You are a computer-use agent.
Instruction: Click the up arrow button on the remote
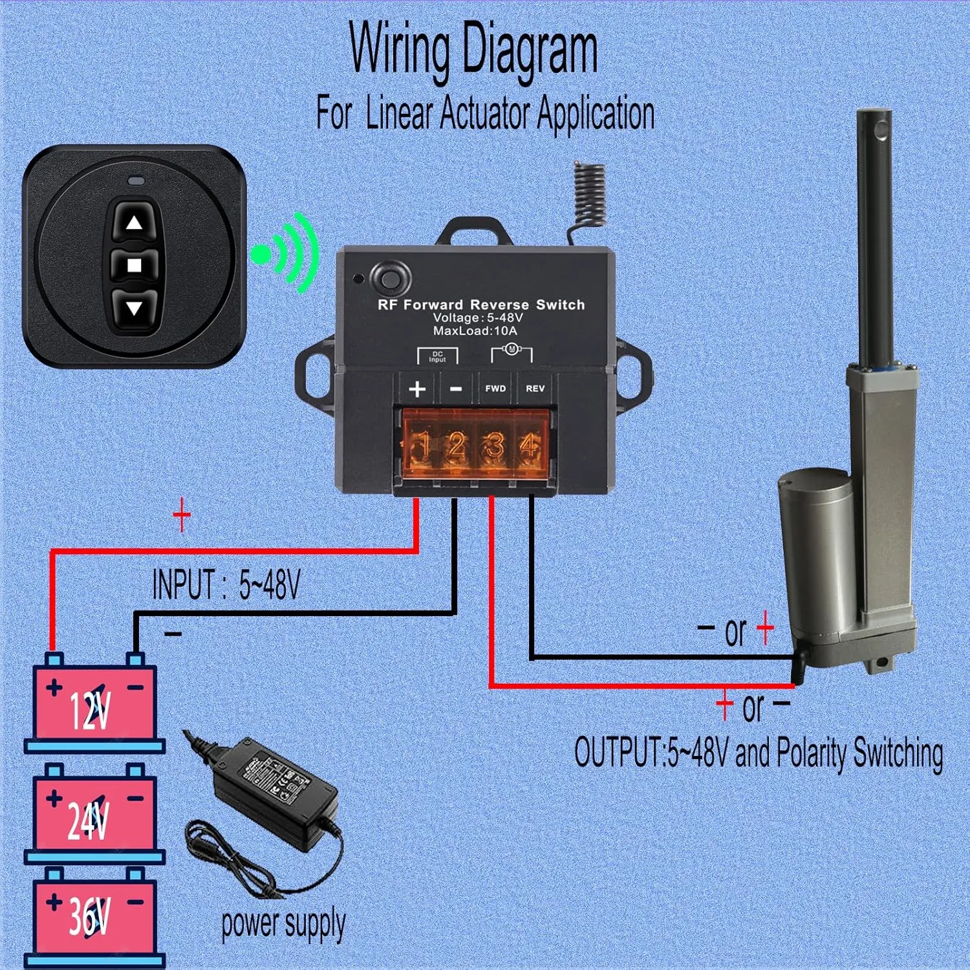[134, 223]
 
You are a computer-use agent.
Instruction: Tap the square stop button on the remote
[134, 265]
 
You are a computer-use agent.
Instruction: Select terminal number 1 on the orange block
[421, 446]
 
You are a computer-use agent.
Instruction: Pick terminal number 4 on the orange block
[531, 446]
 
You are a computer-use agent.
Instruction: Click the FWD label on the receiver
[495, 389]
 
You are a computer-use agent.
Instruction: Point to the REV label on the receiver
[535, 389]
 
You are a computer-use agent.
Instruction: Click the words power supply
[283, 923]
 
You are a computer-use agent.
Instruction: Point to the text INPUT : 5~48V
[226, 585]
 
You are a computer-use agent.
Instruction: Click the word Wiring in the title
[399, 48]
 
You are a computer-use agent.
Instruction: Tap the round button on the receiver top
[389, 279]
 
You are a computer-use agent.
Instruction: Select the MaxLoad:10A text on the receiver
[475, 331]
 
